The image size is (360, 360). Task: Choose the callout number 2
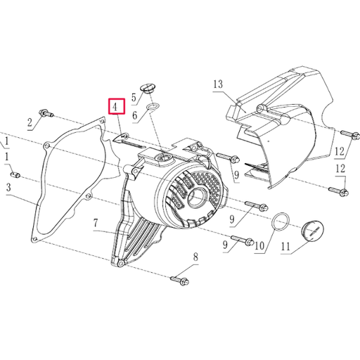point(30,124)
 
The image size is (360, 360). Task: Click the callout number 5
point(134,96)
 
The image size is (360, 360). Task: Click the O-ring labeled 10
point(281,223)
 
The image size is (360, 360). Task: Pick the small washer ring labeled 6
point(153,108)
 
